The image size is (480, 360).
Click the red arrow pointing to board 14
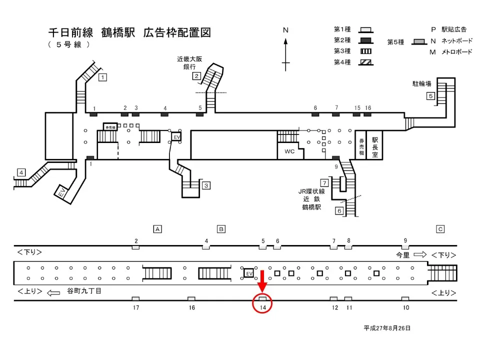pyautogui.click(x=263, y=281)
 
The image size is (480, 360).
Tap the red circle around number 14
pyautogui.click(x=263, y=302)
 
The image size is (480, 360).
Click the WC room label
pyautogui.click(x=289, y=151)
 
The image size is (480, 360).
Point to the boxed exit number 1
pyautogui.click(x=102, y=77)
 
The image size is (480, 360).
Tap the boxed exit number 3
pyautogui.click(x=206, y=185)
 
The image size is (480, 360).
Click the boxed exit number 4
pyautogui.click(x=21, y=172)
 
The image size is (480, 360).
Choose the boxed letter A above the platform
pyautogui.click(x=157, y=229)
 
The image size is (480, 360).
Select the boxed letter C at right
pyautogui.click(x=440, y=229)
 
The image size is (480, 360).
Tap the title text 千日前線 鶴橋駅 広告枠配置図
pyautogui.click(x=129, y=33)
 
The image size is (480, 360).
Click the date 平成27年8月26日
pyautogui.click(x=387, y=328)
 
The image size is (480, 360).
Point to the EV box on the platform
pyautogui.click(x=248, y=273)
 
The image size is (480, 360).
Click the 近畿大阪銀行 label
pyautogui.click(x=189, y=62)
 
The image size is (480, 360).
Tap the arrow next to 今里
pyautogui.click(x=419, y=254)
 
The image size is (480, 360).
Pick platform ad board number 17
pyautogui.click(x=135, y=299)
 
